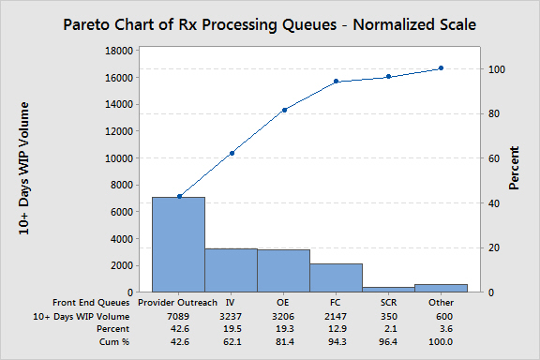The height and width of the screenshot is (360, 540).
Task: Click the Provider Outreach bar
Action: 178,244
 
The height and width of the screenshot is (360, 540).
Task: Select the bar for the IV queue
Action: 231,270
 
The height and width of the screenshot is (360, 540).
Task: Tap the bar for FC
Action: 336,277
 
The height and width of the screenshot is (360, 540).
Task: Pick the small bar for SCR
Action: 388,289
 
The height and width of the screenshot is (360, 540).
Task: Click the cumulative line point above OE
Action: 283,110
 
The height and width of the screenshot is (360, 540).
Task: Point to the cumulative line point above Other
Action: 441,68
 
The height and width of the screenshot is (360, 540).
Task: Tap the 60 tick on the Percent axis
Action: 497,158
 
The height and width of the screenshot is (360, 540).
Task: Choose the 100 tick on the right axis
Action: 500,69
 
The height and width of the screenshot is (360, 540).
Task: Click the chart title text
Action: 270,23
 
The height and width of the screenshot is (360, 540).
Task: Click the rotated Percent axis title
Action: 515,171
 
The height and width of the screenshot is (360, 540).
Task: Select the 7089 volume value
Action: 178,317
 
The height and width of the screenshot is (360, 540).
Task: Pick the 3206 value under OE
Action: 283,317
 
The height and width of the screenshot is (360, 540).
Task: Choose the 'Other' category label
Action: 441,303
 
